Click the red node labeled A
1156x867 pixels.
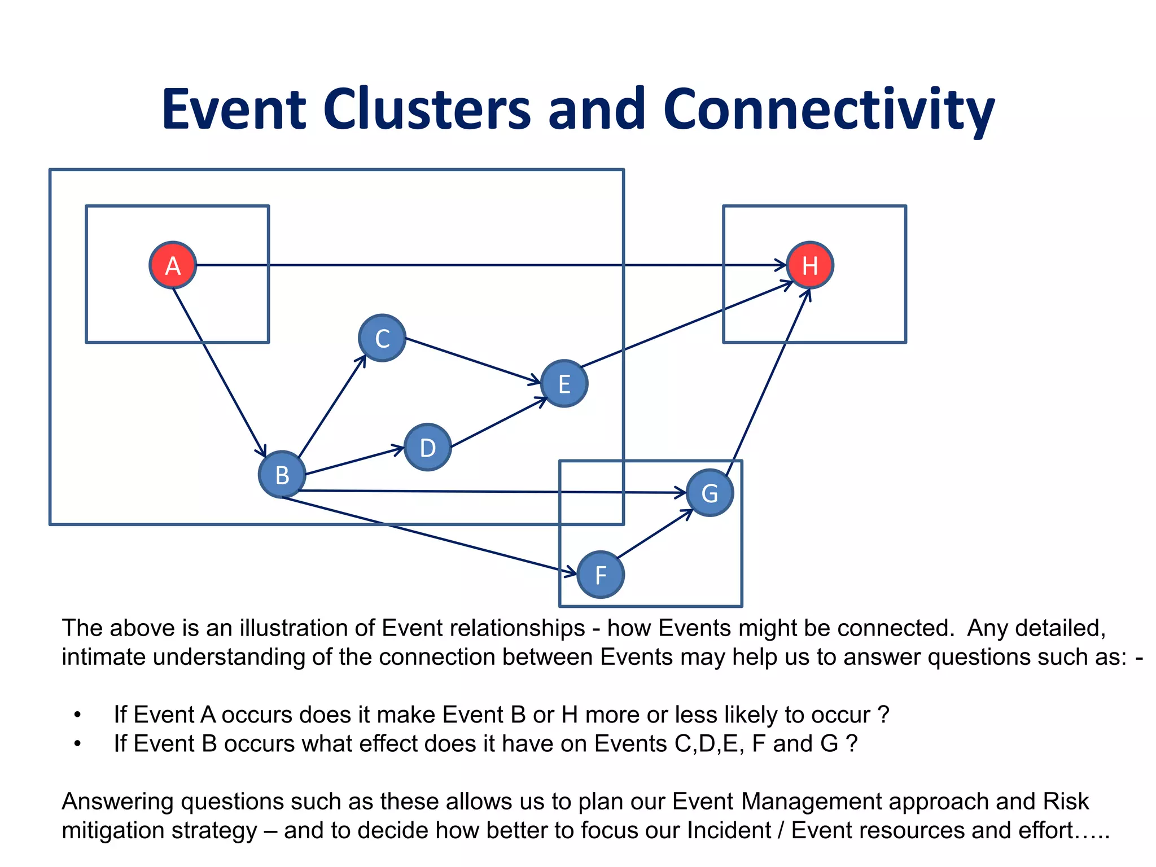[x=173, y=265]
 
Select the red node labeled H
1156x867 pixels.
[x=810, y=265]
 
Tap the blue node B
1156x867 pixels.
[x=282, y=475]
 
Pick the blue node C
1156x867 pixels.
[x=382, y=338]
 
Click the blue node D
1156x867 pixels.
[x=428, y=448]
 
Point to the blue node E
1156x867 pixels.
[x=564, y=384]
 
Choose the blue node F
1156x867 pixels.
[x=601, y=575]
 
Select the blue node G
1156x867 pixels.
[x=710, y=493]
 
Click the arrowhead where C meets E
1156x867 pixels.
[x=535, y=382]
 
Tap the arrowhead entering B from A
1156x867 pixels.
[x=262, y=452]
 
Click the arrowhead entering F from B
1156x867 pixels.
[x=571, y=573]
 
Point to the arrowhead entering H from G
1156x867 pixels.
[x=807, y=294]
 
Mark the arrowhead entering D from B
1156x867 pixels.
[x=399, y=449]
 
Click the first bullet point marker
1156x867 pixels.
[x=77, y=715]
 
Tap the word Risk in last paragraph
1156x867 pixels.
[x=1066, y=802]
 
